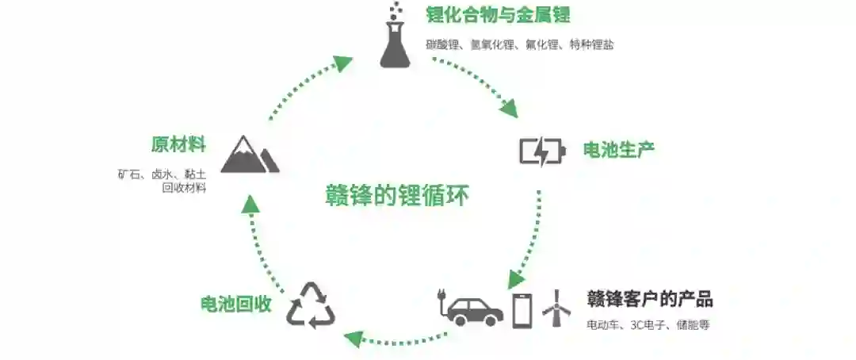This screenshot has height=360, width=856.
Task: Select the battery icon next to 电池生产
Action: (x=542, y=150)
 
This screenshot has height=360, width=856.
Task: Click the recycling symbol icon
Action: (x=311, y=305)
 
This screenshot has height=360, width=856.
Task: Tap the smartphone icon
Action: (x=522, y=308)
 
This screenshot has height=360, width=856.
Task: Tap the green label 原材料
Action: (x=178, y=144)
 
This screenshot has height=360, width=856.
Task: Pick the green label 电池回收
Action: (x=235, y=304)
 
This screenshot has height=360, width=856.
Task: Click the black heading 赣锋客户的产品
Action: (x=649, y=299)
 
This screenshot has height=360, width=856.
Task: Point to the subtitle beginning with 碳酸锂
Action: (x=519, y=45)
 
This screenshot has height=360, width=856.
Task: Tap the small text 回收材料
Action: (x=184, y=188)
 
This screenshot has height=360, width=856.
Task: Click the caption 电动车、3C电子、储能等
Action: (x=648, y=325)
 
